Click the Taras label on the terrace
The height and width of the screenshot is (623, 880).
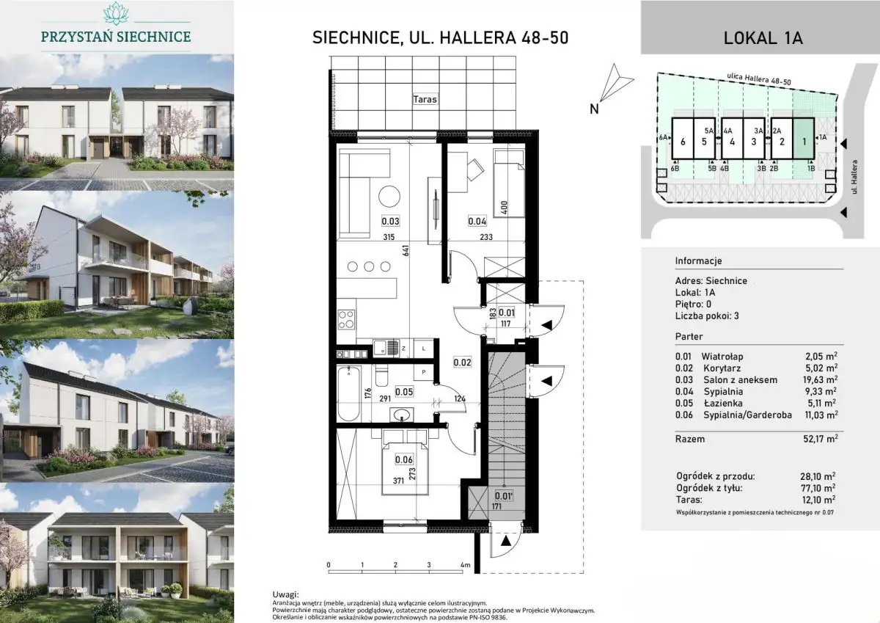coord(425,100)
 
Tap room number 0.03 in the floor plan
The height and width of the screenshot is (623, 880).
coord(390,222)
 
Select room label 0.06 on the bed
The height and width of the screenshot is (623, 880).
coord(404,459)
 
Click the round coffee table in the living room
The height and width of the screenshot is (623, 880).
coord(389,196)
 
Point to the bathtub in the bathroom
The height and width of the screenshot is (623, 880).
coord(349,394)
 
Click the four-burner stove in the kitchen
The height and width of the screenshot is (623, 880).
coord(346,319)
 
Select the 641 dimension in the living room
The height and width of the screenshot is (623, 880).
coord(406,251)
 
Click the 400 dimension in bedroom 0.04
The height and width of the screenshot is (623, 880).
coord(505,208)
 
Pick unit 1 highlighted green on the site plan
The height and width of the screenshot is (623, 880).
coord(804,139)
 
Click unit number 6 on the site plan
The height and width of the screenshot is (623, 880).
coord(683,142)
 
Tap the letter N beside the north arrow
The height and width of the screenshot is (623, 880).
coord(594,109)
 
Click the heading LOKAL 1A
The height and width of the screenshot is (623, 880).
coord(763,38)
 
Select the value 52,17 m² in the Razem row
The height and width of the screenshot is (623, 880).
coord(821,439)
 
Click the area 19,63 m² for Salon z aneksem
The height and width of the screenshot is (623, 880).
coord(820,379)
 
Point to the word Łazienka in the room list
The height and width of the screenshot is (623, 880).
coord(723,403)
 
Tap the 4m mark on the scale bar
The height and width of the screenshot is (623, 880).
coord(465,565)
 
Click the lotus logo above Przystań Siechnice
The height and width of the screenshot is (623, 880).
coord(116,13)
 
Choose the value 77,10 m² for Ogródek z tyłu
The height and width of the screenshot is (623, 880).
coord(818,488)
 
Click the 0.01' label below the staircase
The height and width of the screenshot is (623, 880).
coord(504,496)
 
